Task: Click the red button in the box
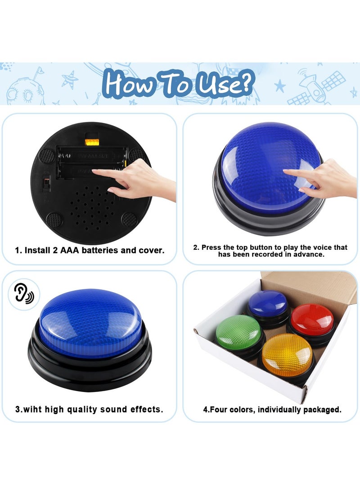pyautogui.click(x=312, y=319)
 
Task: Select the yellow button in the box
pyautogui.click(x=287, y=355)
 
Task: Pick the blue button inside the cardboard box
pyautogui.click(x=268, y=303)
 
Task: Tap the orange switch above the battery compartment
pyautogui.click(x=92, y=142)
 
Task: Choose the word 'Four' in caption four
pyautogui.click(x=220, y=410)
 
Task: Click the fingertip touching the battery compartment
pyautogui.click(x=94, y=171)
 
